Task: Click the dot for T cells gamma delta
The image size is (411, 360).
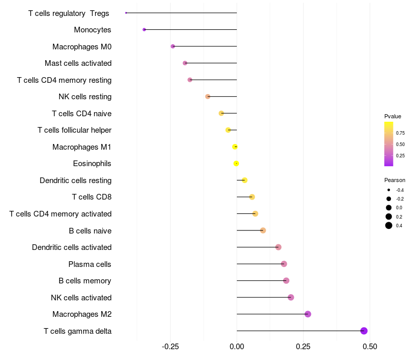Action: (x=364, y=331)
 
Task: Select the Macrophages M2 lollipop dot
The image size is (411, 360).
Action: (x=308, y=314)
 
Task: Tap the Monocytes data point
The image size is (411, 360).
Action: (x=144, y=30)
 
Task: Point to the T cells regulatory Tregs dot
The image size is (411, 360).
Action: (x=126, y=13)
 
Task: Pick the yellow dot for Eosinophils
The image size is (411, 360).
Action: (x=236, y=164)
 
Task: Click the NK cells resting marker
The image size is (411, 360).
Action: (x=208, y=97)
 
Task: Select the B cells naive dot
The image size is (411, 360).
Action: (x=263, y=230)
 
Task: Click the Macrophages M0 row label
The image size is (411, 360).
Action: (x=82, y=47)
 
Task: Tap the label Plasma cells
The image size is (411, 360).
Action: (x=90, y=264)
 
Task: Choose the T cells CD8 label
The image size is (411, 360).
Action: (x=91, y=197)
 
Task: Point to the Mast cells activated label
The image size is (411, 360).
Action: (x=78, y=63)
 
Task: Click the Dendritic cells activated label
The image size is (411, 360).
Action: (x=71, y=247)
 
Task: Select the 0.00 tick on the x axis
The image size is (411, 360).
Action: (x=237, y=347)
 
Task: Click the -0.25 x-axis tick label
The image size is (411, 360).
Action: (x=170, y=347)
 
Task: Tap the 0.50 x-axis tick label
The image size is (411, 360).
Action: (x=369, y=347)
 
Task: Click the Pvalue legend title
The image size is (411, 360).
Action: (x=393, y=116)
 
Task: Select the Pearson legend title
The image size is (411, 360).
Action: (x=395, y=180)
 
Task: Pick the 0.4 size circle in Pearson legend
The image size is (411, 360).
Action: (x=389, y=225)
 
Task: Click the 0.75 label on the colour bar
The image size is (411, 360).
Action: (x=400, y=133)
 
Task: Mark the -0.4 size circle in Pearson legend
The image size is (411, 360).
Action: (x=389, y=190)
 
